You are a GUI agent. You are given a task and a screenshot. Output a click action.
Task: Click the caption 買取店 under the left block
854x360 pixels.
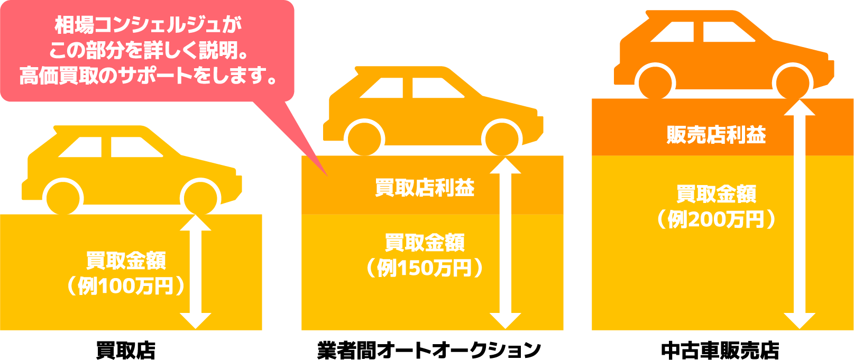(126, 350)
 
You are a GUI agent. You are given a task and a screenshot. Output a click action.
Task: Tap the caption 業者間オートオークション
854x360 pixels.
(429, 350)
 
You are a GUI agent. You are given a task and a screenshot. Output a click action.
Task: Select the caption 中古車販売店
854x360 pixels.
(720, 350)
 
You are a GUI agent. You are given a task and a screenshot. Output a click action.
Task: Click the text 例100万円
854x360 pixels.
(125, 286)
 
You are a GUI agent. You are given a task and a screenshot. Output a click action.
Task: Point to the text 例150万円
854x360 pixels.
(425, 268)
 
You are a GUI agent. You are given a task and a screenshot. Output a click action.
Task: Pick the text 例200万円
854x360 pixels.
(716, 219)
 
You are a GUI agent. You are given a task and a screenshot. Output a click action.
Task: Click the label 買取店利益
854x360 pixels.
(425, 188)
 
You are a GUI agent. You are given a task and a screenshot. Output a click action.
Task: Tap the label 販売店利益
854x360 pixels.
(716, 135)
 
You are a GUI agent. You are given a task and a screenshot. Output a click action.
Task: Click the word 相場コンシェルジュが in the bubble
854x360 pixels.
(148, 25)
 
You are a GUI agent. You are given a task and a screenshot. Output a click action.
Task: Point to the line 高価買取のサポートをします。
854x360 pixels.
(148, 76)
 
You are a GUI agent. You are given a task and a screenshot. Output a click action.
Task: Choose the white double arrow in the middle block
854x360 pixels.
(506, 243)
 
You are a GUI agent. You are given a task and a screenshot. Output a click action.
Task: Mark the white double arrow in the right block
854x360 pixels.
(799, 214)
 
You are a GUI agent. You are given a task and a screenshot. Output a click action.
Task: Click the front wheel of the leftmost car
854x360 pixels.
(200, 199)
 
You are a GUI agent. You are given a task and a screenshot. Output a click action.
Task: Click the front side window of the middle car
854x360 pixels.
(436, 88)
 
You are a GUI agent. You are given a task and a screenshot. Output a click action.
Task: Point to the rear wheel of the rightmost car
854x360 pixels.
(656, 82)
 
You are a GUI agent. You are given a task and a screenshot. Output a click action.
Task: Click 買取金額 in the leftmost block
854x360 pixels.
(126, 261)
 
